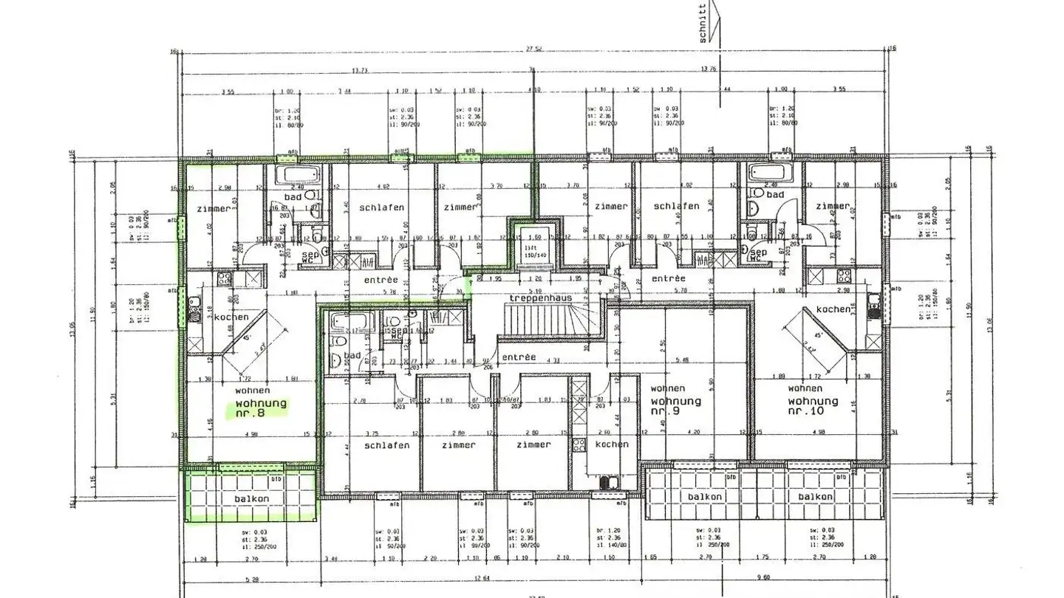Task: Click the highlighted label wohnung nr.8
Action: (x=261, y=408)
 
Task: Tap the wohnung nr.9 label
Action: (x=675, y=405)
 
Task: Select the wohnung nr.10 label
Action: (x=813, y=405)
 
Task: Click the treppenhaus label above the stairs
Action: (x=536, y=298)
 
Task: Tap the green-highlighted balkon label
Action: (x=252, y=498)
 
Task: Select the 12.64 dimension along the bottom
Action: (x=482, y=578)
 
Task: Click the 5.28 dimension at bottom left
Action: (x=251, y=578)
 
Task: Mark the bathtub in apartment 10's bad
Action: (x=768, y=173)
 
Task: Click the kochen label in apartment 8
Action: (x=231, y=317)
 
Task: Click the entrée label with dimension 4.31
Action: (x=518, y=357)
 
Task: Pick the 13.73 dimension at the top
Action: (x=360, y=70)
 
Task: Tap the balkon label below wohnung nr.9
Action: (x=704, y=497)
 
